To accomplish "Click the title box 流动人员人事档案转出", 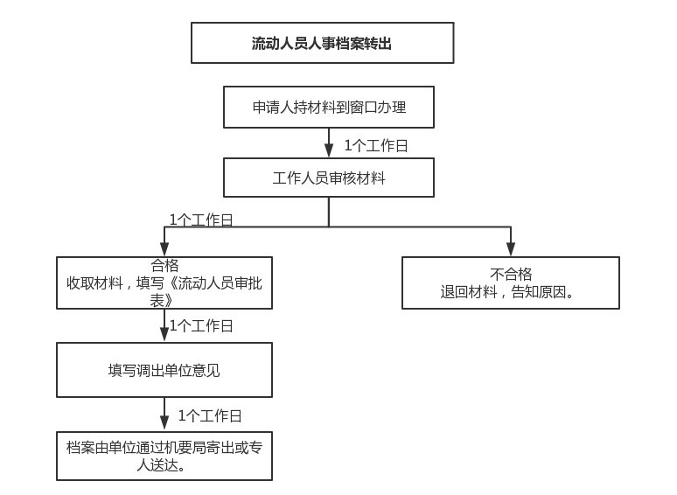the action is point(322,43).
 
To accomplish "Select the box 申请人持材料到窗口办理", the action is point(329,107).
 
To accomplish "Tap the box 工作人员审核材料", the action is point(329,178).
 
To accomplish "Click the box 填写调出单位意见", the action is point(164,370).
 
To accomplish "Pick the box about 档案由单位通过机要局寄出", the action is point(164,456).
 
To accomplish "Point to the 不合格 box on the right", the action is point(510,282).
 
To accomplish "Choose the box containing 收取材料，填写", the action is point(164,282).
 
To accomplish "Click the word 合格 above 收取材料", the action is point(164,265).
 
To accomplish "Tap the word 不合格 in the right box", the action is point(511,274).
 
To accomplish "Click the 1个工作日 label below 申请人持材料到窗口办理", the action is point(376,145).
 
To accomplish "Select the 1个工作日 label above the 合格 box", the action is point(201,220).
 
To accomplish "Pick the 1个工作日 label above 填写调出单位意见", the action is point(201,325).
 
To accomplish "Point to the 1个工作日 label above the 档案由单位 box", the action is point(210,415).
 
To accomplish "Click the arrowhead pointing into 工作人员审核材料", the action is point(329,150).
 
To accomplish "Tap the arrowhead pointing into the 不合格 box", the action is point(511,249).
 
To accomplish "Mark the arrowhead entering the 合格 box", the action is point(164,249).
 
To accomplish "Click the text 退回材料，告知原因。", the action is point(507,292).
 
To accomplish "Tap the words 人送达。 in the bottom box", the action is point(161,465).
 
